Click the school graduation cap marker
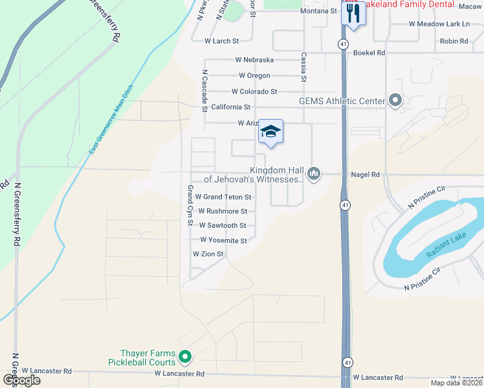[x=271, y=133]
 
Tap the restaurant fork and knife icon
[x=353, y=14]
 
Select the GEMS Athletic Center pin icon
[x=395, y=100]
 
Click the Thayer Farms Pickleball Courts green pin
[x=185, y=356]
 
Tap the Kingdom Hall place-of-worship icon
[x=314, y=173]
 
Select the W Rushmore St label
[x=223, y=211]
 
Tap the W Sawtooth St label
[x=223, y=226]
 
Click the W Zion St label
[x=208, y=254]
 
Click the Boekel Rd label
[x=369, y=53]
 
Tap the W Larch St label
[x=221, y=41]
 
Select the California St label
[x=230, y=107]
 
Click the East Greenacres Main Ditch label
[x=110, y=120]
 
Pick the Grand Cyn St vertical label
[x=190, y=205]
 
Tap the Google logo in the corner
[x=21, y=380]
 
